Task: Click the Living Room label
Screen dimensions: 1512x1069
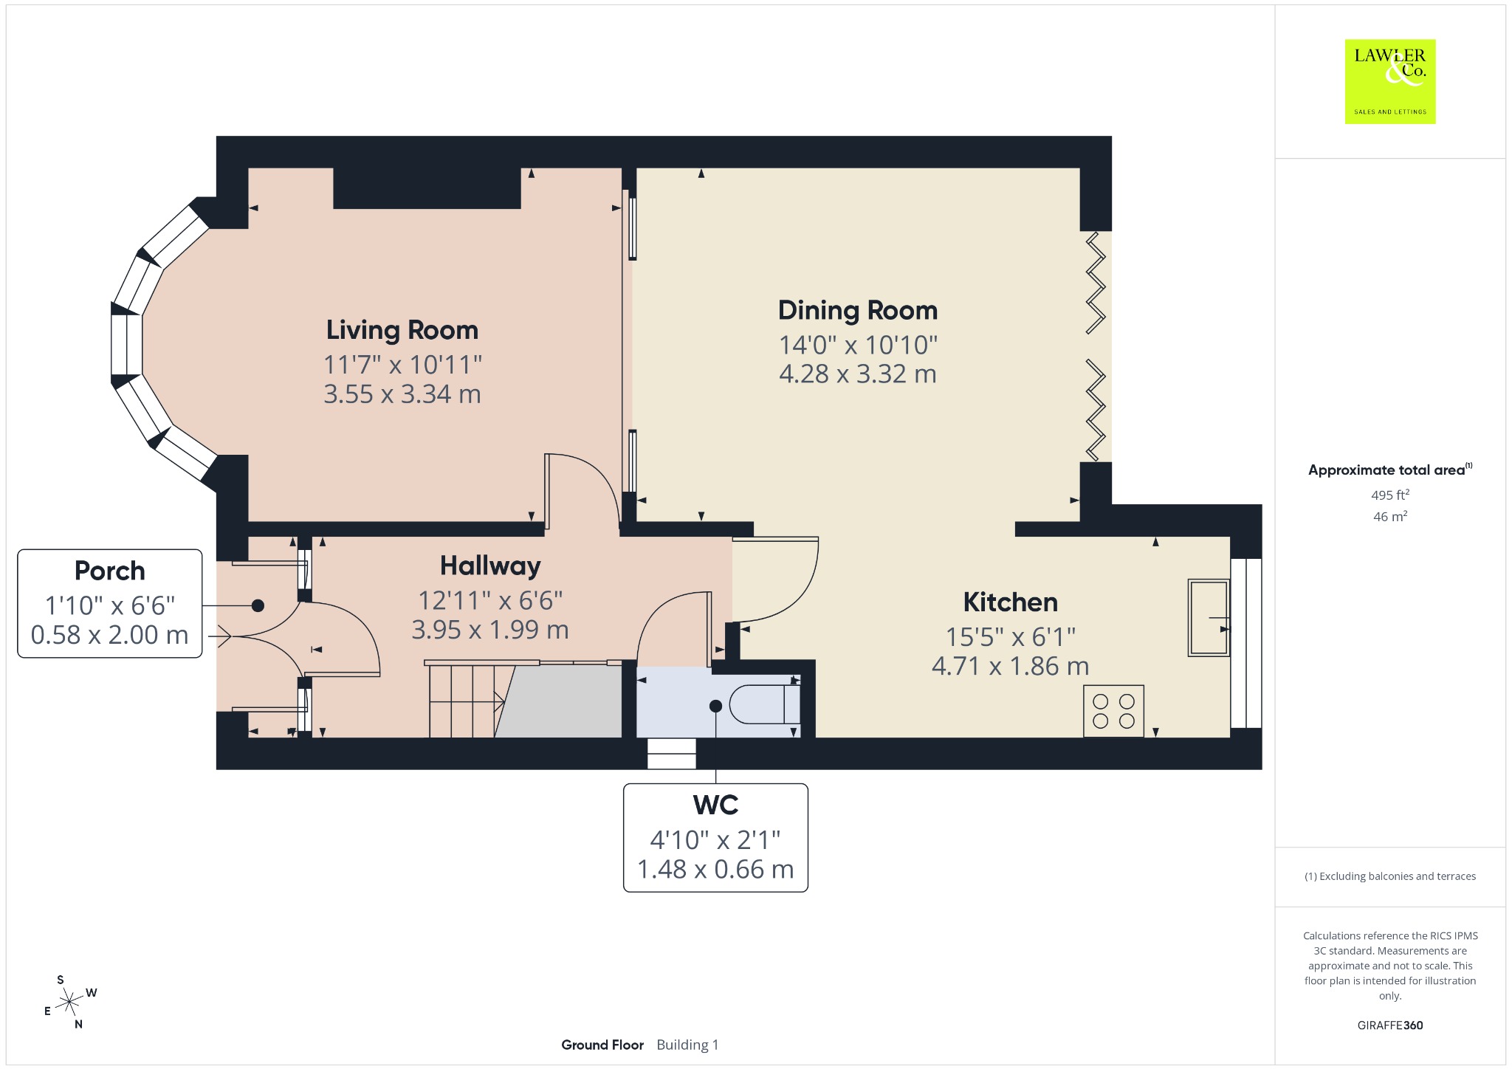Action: coord(402,330)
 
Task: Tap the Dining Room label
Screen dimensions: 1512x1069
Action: coord(858,311)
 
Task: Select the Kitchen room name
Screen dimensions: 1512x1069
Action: coord(1011,602)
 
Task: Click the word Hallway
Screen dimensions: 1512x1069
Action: coord(491,566)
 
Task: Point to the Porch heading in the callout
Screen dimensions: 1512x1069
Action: coord(110,571)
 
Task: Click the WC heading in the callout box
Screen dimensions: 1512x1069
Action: coord(715,805)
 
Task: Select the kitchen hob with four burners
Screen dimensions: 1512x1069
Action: coord(1113,711)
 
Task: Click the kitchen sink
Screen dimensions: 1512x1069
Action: coord(1209,618)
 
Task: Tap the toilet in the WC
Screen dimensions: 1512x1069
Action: coord(764,704)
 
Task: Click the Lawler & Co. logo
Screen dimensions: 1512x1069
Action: coord(1390,81)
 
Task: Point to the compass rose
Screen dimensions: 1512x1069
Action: coord(70,1002)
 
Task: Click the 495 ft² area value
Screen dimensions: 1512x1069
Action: coord(1390,495)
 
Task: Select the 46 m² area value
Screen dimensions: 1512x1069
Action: coord(1390,517)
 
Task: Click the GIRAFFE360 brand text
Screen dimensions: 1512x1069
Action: coord(1390,1025)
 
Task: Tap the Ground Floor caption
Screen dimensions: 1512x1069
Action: coord(602,1045)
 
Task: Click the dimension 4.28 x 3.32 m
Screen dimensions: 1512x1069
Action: coord(858,374)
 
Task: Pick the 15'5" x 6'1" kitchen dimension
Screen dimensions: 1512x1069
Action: coord(1011,636)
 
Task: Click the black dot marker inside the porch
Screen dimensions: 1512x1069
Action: coord(258,605)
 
